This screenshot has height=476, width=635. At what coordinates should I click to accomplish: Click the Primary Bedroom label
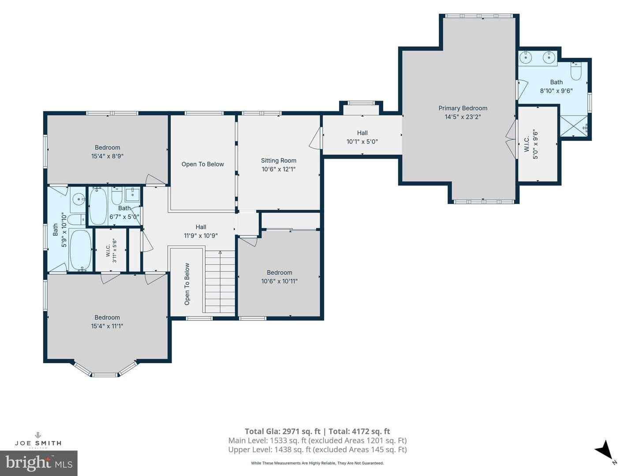463,108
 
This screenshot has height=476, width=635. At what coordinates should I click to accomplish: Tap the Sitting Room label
279,160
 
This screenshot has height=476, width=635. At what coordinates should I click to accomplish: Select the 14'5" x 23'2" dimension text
463,117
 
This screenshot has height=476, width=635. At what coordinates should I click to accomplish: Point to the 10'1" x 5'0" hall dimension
362,141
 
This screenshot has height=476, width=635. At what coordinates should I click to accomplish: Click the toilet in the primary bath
576,71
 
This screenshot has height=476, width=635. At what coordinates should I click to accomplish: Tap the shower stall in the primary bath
574,126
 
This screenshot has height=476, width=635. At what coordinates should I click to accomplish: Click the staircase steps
220,282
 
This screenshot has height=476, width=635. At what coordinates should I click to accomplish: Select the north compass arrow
605,452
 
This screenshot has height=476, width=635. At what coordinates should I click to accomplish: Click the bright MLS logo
39,463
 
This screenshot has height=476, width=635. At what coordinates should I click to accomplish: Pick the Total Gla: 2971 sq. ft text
283,431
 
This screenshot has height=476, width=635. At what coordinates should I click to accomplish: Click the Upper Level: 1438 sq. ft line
317,450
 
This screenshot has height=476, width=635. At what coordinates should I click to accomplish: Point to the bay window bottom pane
105,375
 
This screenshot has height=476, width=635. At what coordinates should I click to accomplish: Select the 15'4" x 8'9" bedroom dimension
107,156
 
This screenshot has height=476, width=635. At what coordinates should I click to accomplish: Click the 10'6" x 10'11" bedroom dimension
279,281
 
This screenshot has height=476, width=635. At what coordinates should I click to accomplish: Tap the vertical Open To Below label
187,284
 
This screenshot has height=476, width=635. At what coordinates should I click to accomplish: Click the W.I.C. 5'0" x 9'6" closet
538,144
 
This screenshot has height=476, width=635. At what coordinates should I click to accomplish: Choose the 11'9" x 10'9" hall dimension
201,235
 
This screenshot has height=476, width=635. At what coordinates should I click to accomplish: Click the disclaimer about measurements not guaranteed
317,463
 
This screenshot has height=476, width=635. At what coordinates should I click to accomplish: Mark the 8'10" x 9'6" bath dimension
557,91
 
